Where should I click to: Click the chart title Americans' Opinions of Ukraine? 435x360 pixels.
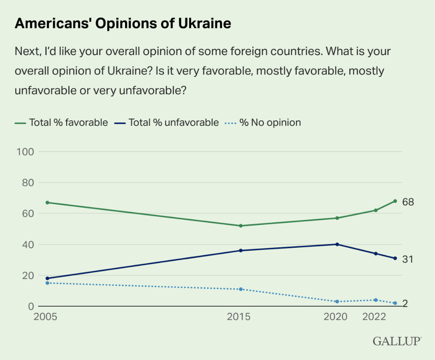[x=123, y=23]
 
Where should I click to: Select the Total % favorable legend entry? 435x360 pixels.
[x=61, y=123]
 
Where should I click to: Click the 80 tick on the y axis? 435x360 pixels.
[x=26, y=183]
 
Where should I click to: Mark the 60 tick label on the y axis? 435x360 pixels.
[x=26, y=213]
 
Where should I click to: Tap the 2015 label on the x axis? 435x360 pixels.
[x=239, y=317]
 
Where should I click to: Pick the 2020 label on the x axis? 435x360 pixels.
[x=335, y=317]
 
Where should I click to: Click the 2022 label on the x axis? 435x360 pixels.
[x=374, y=317]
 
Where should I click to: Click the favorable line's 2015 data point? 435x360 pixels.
[x=241, y=226]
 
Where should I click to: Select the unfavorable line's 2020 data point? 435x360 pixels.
[x=337, y=244]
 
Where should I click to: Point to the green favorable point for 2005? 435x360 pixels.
[x=47, y=202]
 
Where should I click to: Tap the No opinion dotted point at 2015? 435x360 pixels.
[x=241, y=289]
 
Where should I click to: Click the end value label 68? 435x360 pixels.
[x=408, y=202]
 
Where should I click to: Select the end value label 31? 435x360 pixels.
[x=407, y=259]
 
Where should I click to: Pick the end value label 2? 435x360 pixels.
[x=405, y=304]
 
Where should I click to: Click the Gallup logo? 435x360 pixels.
[x=397, y=341]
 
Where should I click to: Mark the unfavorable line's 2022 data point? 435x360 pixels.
[x=376, y=254]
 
